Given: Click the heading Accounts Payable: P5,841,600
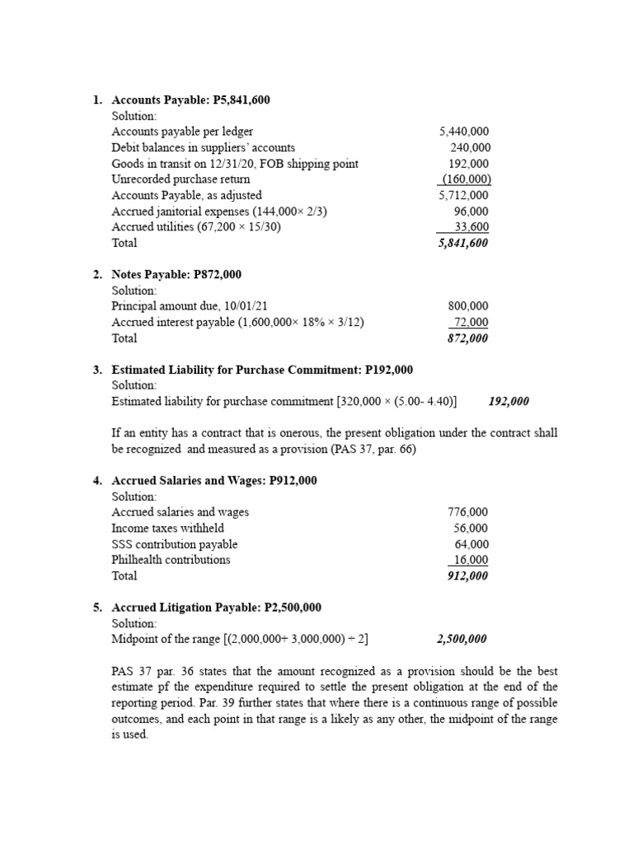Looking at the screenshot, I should [x=190, y=100].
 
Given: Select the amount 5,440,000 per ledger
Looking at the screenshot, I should [x=464, y=132].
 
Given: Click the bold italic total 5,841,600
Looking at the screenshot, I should [x=463, y=244].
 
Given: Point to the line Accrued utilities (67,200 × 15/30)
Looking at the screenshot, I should [x=196, y=227].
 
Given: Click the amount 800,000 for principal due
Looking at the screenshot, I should [x=467, y=306].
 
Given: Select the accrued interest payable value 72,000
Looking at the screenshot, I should [x=471, y=322].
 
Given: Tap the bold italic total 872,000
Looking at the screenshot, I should [x=467, y=338].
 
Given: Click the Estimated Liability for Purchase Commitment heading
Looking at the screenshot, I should [x=262, y=370].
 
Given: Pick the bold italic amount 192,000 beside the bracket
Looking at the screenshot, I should [x=509, y=402].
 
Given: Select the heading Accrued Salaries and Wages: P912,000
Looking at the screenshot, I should [x=214, y=481].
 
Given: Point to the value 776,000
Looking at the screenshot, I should [x=467, y=512].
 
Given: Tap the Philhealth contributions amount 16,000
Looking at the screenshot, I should [x=471, y=560].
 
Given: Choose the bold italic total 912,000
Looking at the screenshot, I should [x=467, y=576].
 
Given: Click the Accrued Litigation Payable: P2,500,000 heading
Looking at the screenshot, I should [x=216, y=608].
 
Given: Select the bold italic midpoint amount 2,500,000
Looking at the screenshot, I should [x=461, y=639].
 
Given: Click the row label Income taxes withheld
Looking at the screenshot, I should [x=167, y=529].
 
